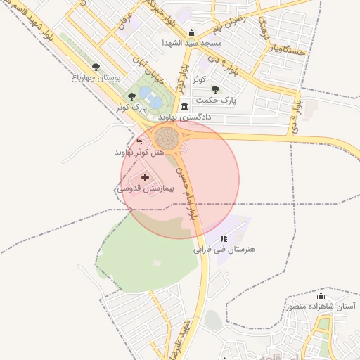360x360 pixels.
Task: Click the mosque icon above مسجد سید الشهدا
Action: pyautogui.click(x=192, y=32)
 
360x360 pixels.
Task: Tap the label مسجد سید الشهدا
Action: pyautogui.click(x=192, y=43)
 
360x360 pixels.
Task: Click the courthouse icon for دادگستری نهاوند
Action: pyautogui.click(x=184, y=106)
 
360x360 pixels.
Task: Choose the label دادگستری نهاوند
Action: pyautogui.click(x=185, y=117)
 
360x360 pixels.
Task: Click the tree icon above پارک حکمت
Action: pyautogui.click(x=215, y=90)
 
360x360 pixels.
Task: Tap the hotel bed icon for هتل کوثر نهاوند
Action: pyautogui.click(x=139, y=142)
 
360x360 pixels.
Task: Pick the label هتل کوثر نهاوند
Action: pyautogui.click(x=139, y=152)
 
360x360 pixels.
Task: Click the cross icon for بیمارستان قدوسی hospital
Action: pyautogui.click(x=146, y=179)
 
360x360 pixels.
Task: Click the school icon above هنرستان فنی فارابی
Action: pyautogui.click(x=224, y=239)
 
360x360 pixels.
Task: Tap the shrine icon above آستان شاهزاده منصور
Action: pyautogui.click(x=321, y=296)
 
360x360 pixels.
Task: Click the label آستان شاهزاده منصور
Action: pyautogui.click(x=321, y=307)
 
